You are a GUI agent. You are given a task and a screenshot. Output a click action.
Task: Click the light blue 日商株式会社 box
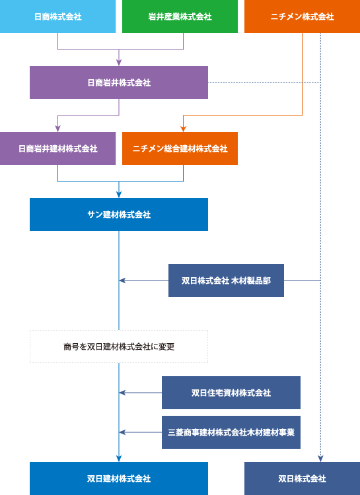[x=57, y=16]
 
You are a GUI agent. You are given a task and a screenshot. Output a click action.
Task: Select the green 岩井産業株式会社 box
[x=180, y=16]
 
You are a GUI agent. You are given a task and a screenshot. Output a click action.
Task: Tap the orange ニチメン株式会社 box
[x=302, y=16]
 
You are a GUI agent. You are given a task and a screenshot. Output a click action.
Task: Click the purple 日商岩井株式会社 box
[x=119, y=82]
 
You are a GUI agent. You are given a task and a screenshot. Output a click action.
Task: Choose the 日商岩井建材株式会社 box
[x=57, y=148]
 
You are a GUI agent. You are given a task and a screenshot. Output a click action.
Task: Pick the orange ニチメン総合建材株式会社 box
[x=180, y=148]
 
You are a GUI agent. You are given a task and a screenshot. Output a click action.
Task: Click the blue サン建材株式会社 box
[x=119, y=214]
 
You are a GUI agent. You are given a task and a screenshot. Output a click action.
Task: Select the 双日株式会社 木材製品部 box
[x=226, y=280]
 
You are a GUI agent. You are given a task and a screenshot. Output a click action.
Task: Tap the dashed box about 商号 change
[x=119, y=346]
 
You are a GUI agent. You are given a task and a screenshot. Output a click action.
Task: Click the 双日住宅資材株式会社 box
[x=231, y=393]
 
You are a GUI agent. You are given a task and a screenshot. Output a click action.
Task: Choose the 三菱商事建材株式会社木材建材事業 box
[x=231, y=432]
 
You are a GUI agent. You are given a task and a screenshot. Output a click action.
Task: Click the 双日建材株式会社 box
[x=119, y=478]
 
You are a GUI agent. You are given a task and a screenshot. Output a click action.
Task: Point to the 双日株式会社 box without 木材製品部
[x=302, y=478]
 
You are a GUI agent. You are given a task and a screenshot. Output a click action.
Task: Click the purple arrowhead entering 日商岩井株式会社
[x=119, y=63]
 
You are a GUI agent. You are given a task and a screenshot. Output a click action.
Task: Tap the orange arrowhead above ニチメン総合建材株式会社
[x=184, y=129]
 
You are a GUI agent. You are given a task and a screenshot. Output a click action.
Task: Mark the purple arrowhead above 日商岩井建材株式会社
[x=58, y=129]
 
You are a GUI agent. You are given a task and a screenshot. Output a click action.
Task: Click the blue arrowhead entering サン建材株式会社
[x=119, y=195]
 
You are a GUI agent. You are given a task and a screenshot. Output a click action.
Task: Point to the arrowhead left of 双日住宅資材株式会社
[x=122, y=393]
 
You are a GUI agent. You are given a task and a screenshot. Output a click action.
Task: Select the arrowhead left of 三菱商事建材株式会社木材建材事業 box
[x=122, y=432]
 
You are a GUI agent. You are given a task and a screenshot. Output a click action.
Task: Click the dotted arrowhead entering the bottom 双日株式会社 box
[x=320, y=459]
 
